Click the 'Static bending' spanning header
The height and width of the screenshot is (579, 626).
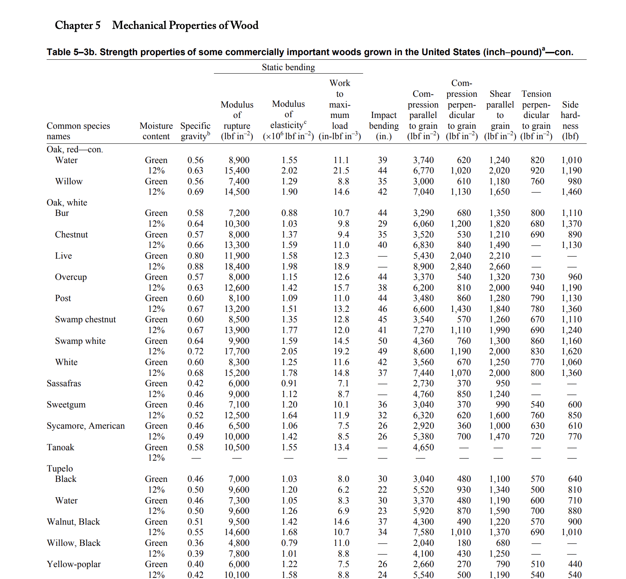[x=288, y=67]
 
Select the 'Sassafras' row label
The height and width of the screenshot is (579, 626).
[x=64, y=384]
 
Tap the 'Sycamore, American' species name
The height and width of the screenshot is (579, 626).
[x=86, y=426]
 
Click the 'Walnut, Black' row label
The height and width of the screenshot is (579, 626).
[x=73, y=522]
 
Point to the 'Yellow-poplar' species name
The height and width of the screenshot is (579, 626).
[x=74, y=564]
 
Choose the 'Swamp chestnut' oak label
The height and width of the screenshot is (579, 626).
[x=85, y=320]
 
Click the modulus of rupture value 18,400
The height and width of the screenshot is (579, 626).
[x=237, y=267]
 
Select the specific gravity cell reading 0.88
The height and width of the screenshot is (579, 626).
[x=195, y=267]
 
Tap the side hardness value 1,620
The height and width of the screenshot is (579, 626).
[x=571, y=352]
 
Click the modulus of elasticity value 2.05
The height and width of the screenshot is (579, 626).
[x=289, y=352]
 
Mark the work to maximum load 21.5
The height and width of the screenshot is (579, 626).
[x=341, y=171]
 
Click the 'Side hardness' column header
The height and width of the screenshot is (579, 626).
[x=570, y=120]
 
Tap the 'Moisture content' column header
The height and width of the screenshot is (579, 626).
[x=156, y=131]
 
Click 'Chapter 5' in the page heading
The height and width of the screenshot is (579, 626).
[x=77, y=25]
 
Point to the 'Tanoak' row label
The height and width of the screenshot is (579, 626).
[x=60, y=448]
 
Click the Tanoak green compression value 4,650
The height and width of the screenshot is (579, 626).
[x=423, y=448]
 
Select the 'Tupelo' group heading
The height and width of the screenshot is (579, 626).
[x=60, y=469]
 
